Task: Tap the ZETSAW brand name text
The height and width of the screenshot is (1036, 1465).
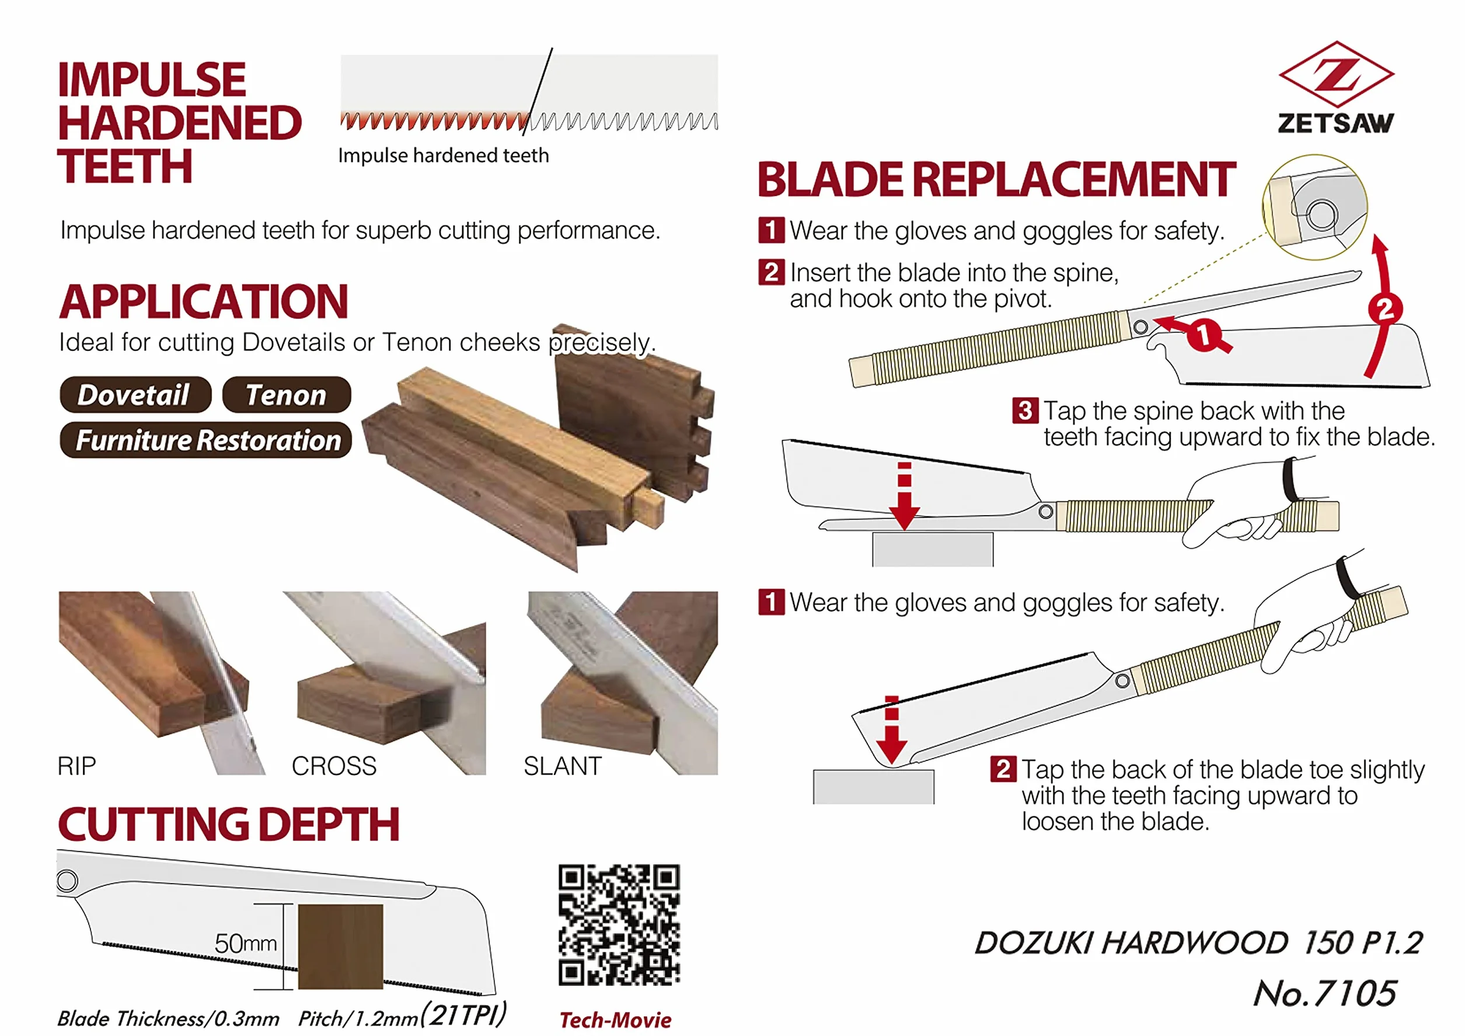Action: pyautogui.click(x=1335, y=123)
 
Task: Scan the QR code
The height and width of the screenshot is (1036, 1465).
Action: pyautogui.click(x=619, y=925)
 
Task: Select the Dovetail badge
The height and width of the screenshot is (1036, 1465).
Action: pyautogui.click(x=135, y=394)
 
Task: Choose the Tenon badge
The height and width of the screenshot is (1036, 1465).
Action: pyautogui.click(x=287, y=394)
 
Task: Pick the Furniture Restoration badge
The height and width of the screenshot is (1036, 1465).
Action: pyautogui.click(x=205, y=440)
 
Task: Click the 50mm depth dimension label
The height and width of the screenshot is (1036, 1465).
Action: pyautogui.click(x=246, y=943)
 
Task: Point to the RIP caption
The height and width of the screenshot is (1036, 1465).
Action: pyautogui.click(x=76, y=766)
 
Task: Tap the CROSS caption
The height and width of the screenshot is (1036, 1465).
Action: pyautogui.click(x=334, y=766)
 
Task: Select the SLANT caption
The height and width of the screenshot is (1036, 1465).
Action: pyautogui.click(x=562, y=766)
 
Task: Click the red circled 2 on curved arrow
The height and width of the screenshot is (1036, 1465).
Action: pyautogui.click(x=1384, y=310)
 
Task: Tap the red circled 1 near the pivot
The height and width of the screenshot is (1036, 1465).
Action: pyautogui.click(x=1204, y=335)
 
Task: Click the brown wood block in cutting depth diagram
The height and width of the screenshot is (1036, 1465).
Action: pyautogui.click(x=341, y=947)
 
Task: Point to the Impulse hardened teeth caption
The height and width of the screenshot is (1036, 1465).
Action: pyautogui.click(x=444, y=155)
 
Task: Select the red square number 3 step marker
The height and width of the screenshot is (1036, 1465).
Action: pyautogui.click(x=1025, y=411)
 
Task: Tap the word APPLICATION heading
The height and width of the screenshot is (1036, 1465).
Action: pyautogui.click(x=204, y=301)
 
